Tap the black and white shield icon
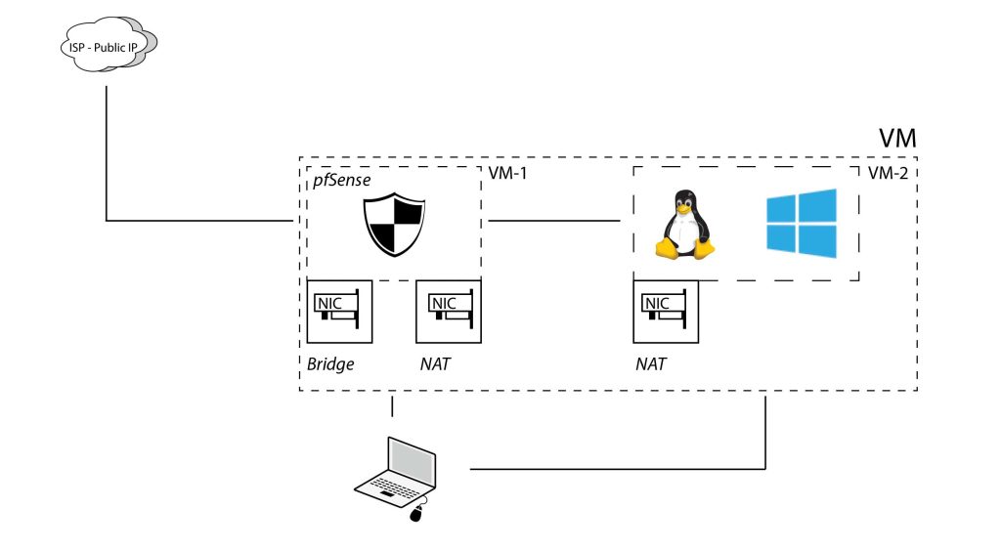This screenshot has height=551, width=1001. click(x=394, y=224)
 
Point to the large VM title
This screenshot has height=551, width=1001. click(x=895, y=138)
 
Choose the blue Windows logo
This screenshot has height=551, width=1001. click(x=801, y=224)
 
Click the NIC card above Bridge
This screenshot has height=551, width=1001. click(x=339, y=311)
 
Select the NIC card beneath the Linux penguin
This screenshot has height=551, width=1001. click(x=665, y=311)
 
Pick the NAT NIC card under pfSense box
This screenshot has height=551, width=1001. click(x=448, y=311)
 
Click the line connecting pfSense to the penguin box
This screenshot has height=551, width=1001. click(x=554, y=222)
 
